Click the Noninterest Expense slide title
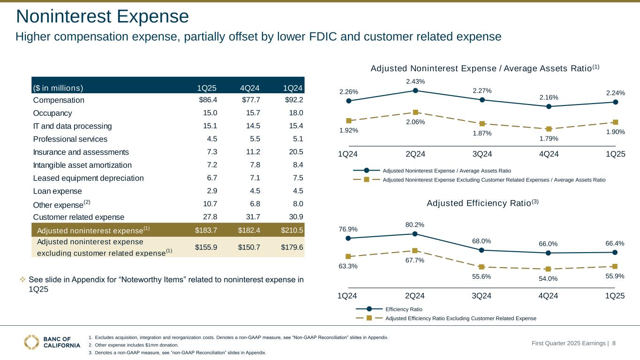(x=102, y=17)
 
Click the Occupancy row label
(x=53, y=113)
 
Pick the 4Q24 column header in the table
(x=249, y=88)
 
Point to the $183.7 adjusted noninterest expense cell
(x=206, y=230)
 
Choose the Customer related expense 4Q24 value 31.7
(x=252, y=217)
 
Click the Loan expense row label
(x=58, y=191)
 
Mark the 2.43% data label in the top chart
(x=415, y=82)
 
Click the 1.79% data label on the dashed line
(x=549, y=138)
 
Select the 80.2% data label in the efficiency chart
(x=415, y=225)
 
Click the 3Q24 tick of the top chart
(x=482, y=154)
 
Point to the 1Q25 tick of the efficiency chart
(x=615, y=296)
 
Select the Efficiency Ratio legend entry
(x=403, y=309)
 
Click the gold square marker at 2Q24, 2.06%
(x=415, y=112)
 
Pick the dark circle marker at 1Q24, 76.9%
(x=348, y=238)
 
